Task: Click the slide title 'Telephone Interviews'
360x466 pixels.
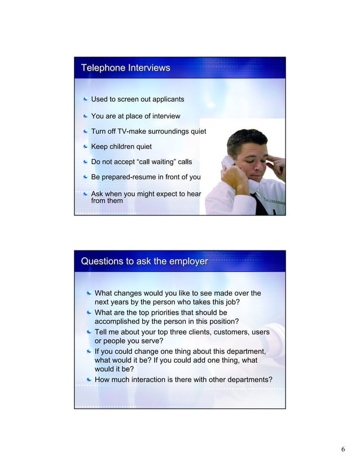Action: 125,68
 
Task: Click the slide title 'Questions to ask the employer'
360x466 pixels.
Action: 144,262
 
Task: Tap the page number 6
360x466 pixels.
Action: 343,449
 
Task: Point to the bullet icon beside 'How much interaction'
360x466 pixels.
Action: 89,380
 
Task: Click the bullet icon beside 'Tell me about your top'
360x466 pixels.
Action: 89,332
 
